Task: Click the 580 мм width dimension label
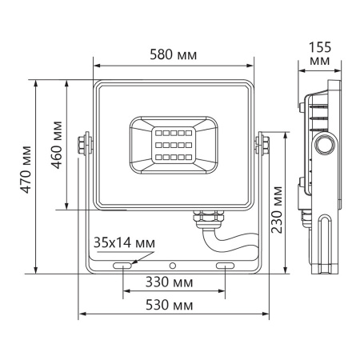(174, 54)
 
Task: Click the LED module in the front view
(173, 142)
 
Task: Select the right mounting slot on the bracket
(225, 264)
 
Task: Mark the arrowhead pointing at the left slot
(133, 258)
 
